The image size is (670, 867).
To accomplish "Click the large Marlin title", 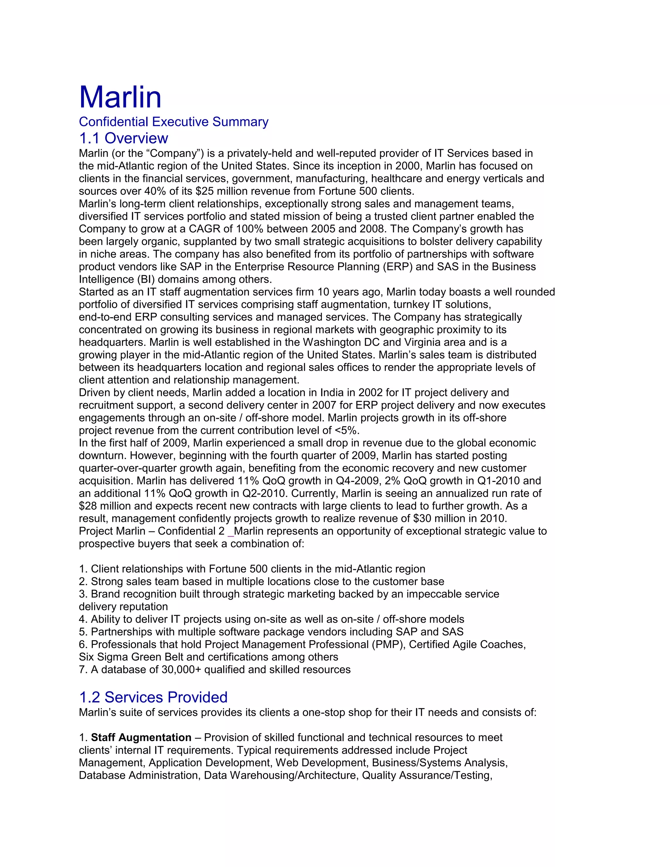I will pyautogui.click(x=120, y=97).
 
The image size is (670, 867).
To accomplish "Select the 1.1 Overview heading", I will pyautogui.click(x=123, y=138).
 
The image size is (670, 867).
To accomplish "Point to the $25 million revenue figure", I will pyautogui.click(x=218, y=191).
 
